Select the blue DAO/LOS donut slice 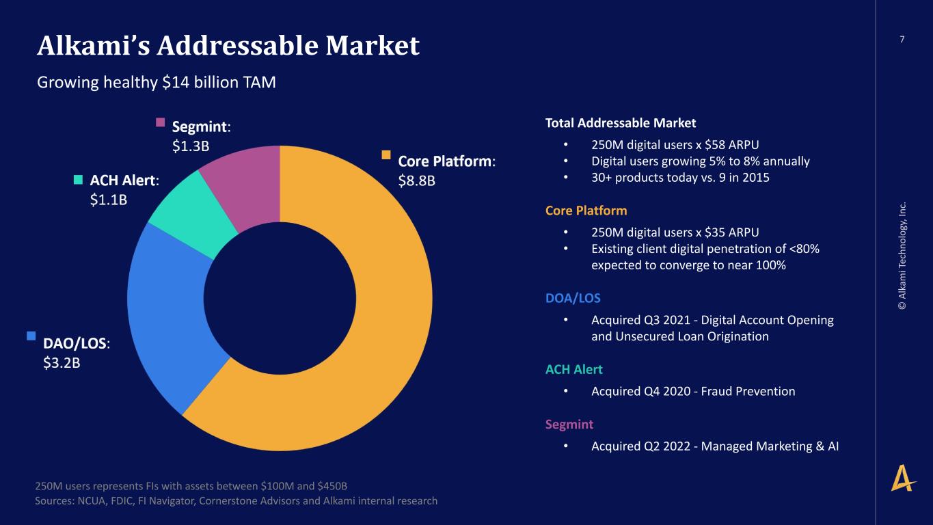[x=167, y=317]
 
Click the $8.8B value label [x=416, y=181]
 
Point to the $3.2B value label [x=62, y=363]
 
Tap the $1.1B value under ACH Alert [x=108, y=200]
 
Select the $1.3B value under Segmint [x=191, y=146]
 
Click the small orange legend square [x=386, y=155]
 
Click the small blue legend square [x=31, y=336]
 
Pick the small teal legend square [x=78, y=180]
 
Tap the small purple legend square [x=161, y=122]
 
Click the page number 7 [x=902, y=40]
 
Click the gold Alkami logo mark [x=903, y=478]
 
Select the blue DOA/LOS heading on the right [x=573, y=298]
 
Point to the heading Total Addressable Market [x=620, y=123]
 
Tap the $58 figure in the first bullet [x=715, y=145]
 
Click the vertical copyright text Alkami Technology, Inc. [x=902, y=256]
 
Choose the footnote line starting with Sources [x=236, y=501]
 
